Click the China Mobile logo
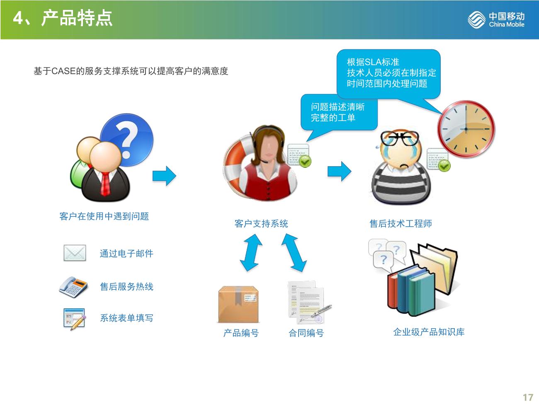[496, 19]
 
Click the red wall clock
[466, 129]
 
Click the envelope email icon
[75, 253]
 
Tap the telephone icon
[73, 287]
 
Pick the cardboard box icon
[238, 304]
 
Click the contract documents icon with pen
[309, 302]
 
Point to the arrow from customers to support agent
[164, 176]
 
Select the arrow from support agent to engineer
[339, 171]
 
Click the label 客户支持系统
[261, 223]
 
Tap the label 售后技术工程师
[401, 223]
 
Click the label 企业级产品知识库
[429, 332]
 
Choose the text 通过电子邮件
[126, 254]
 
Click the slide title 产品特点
[77, 18]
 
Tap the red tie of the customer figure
[105, 184]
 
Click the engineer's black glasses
[399, 138]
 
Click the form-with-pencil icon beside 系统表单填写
[74, 319]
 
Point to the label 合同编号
[306, 333]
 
